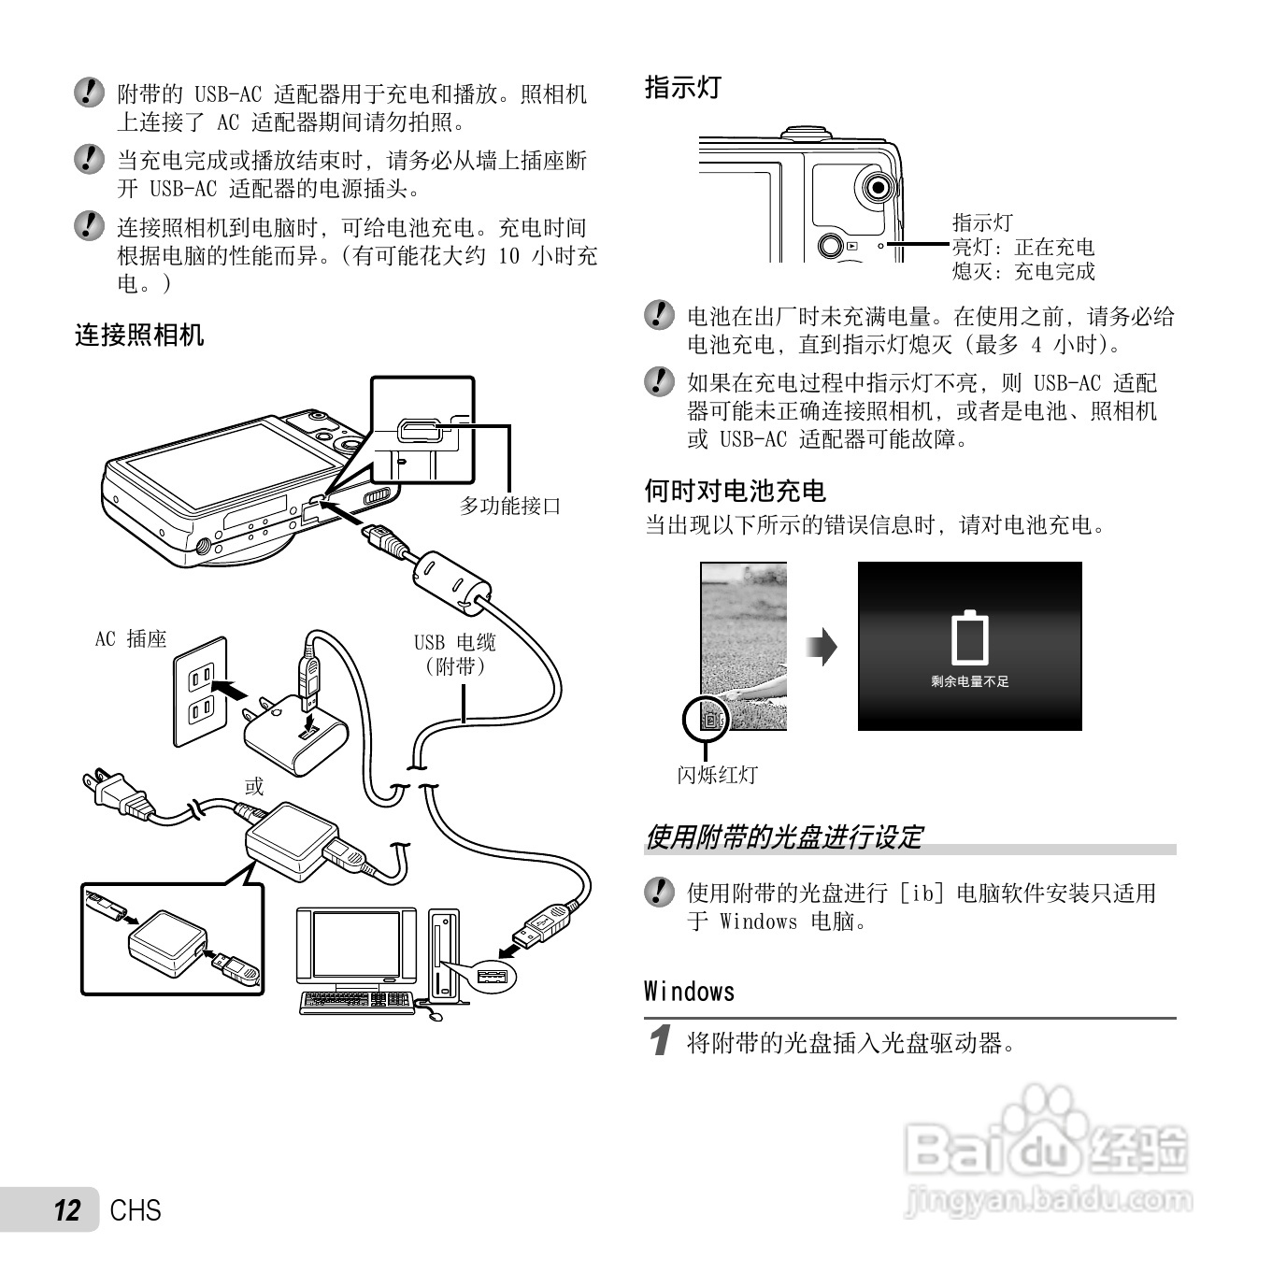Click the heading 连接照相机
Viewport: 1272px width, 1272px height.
click(139, 336)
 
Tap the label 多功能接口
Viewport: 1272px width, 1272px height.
click(510, 507)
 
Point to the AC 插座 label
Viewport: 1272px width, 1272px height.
click(131, 639)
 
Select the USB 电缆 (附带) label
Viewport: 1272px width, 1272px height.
click(455, 654)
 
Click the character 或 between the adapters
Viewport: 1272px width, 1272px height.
click(254, 786)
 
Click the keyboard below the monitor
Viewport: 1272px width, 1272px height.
click(356, 1001)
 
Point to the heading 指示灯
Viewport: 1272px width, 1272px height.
click(683, 88)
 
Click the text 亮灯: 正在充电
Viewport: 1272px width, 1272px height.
click(1022, 248)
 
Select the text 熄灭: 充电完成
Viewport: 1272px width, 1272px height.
click(1022, 272)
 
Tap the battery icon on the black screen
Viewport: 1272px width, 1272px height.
click(969, 638)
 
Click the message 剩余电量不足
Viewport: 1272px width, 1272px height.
click(969, 682)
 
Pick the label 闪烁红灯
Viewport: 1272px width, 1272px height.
click(717, 775)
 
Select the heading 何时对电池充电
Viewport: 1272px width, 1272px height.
click(736, 491)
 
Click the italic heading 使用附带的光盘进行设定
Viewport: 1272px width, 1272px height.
click(783, 837)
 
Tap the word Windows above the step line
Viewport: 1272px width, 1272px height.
click(690, 992)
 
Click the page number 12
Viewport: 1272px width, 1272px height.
click(67, 1211)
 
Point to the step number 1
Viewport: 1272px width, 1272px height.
click(661, 1041)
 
